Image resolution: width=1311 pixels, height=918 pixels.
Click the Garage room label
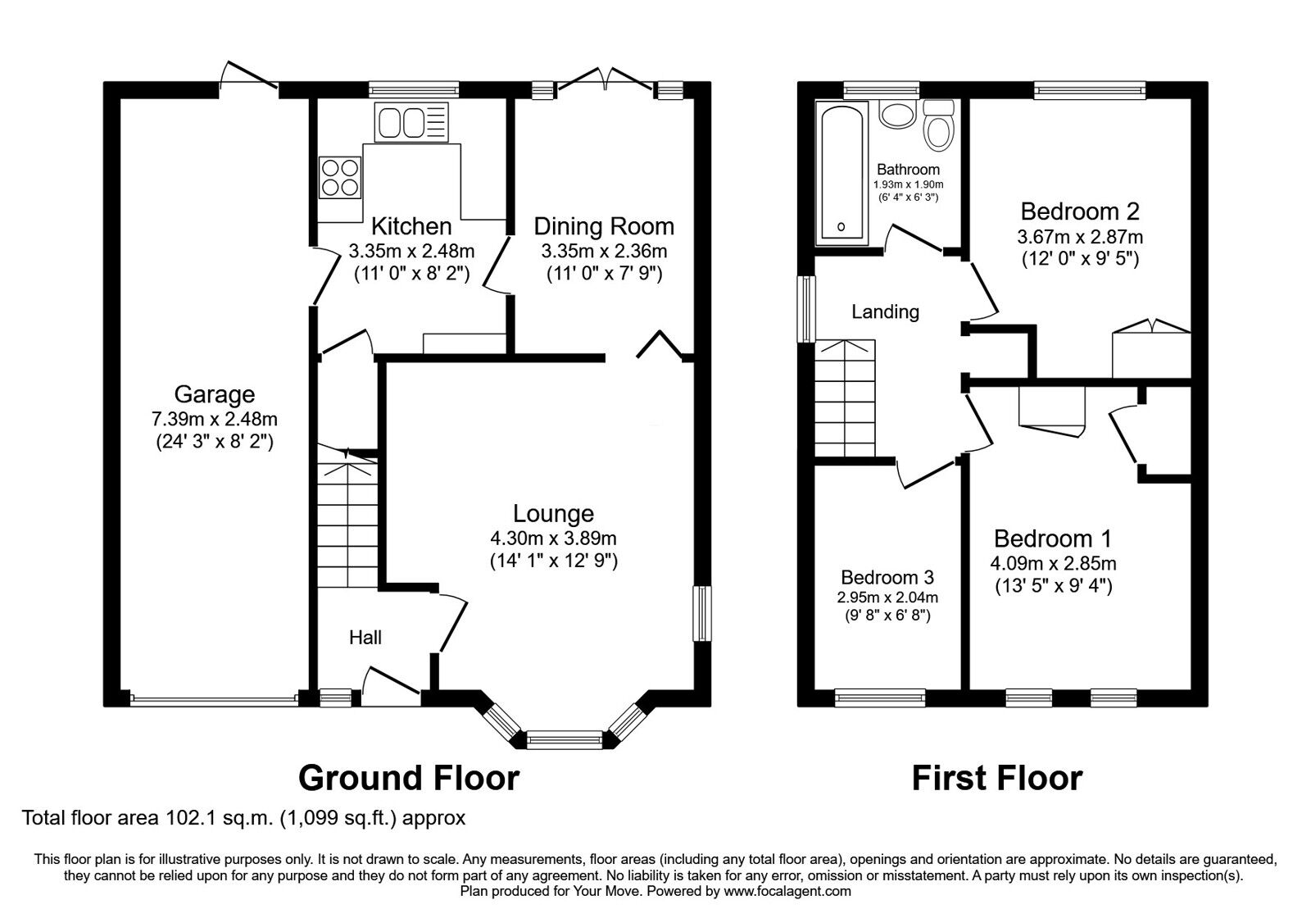pyautogui.click(x=214, y=395)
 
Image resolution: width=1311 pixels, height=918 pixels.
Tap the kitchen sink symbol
pyautogui.click(x=411, y=122)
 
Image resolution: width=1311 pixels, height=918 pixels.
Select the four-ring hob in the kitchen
pyautogui.click(x=341, y=177)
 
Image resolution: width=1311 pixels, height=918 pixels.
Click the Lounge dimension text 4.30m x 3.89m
pyautogui.click(x=553, y=539)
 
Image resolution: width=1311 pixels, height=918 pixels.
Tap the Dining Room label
pyautogui.click(x=604, y=226)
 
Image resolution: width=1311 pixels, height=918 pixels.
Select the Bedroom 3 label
pyautogui.click(x=887, y=577)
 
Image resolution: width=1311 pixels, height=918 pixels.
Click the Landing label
pyautogui.click(x=885, y=311)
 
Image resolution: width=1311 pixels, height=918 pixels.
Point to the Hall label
pyautogui.click(x=365, y=637)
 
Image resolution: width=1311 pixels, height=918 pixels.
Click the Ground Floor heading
pyautogui.click(x=408, y=777)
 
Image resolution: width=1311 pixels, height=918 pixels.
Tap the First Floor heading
pyautogui.click(x=996, y=777)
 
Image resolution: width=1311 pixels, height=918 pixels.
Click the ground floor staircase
pyautogui.click(x=347, y=525)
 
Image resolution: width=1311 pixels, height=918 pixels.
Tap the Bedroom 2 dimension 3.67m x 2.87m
pyautogui.click(x=1080, y=237)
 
